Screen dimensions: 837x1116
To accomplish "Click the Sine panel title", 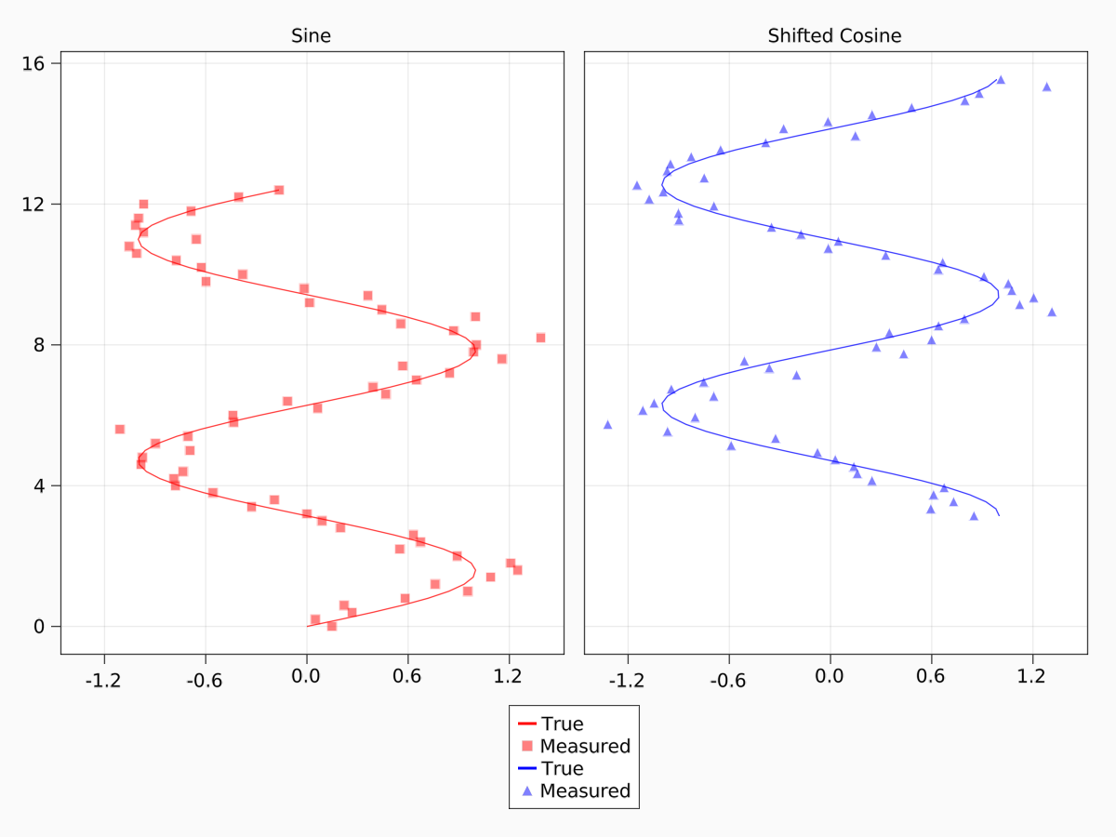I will (311, 36).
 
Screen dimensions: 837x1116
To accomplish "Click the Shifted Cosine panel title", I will (834, 36).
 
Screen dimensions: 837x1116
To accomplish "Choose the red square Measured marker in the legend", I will (527, 746).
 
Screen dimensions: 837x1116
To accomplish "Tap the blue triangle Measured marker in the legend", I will (527, 790).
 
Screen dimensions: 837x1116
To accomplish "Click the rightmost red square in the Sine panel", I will (540, 338).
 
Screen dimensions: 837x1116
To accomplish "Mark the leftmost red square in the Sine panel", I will (120, 429).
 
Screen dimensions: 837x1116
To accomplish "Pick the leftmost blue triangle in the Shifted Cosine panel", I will (608, 425).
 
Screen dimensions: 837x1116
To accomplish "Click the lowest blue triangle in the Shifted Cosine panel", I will (974, 516).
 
